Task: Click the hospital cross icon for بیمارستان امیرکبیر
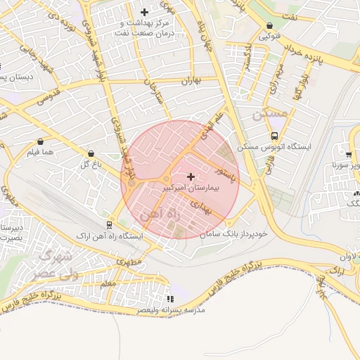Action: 191,175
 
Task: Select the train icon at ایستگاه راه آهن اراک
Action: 109,225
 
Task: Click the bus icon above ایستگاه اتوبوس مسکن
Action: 274,136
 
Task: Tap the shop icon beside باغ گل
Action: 91,154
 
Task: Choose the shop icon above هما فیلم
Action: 40,141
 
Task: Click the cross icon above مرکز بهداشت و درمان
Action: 145,12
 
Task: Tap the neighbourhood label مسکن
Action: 270,113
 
